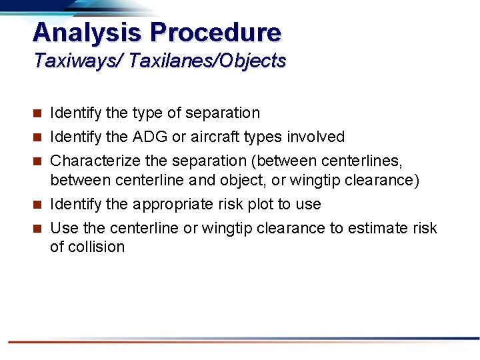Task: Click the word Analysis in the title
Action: pos(87,32)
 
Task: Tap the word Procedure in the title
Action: pos(216,32)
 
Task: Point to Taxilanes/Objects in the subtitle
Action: pos(208,61)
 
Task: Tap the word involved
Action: pos(316,137)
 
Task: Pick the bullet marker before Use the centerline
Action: pos(38,229)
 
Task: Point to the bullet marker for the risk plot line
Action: pos(38,205)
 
